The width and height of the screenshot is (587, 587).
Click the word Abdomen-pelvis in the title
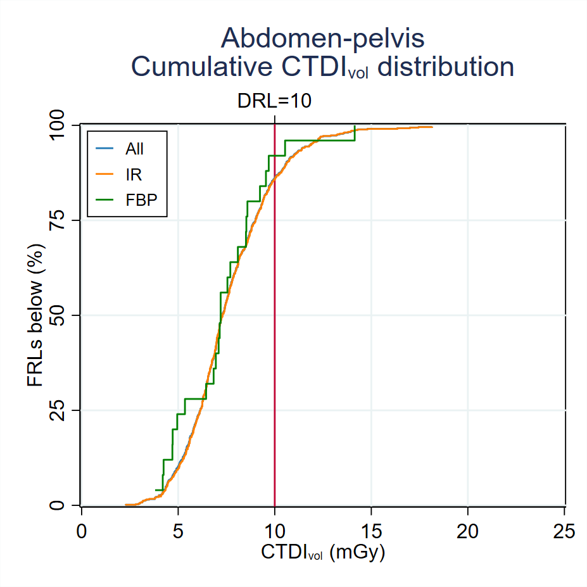(x=322, y=39)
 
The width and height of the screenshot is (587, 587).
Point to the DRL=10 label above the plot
(x=274, y=101)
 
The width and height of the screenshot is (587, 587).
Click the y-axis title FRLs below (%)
(x=35, y=315)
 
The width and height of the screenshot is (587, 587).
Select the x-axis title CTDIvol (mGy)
(x=323, y=552)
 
